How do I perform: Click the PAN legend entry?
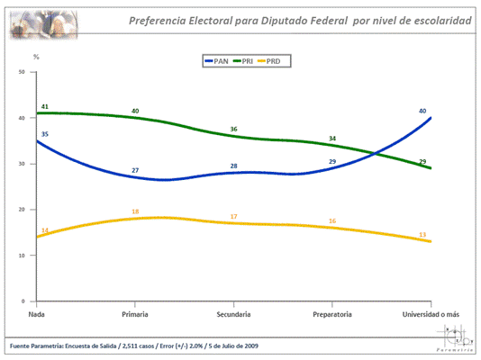point(217,61)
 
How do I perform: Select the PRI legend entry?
point(246,61)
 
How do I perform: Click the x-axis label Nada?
point(38,314)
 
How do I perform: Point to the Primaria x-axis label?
point(136,314)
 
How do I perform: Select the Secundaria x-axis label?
point(234,314)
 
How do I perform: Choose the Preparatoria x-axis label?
point(332,314)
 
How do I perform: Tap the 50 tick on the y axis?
point(22,72)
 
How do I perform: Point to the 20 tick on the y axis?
point(22,210)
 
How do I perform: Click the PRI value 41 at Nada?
point(44,106)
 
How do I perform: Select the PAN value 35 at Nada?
point(44,133)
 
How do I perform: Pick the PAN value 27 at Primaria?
point(135,170)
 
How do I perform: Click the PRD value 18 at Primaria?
point(135,211)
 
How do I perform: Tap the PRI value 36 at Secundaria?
point(233,130)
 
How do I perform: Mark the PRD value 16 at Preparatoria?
point(332,220)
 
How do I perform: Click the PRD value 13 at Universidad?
point(422,235)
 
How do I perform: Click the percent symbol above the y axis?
point(36,57)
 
